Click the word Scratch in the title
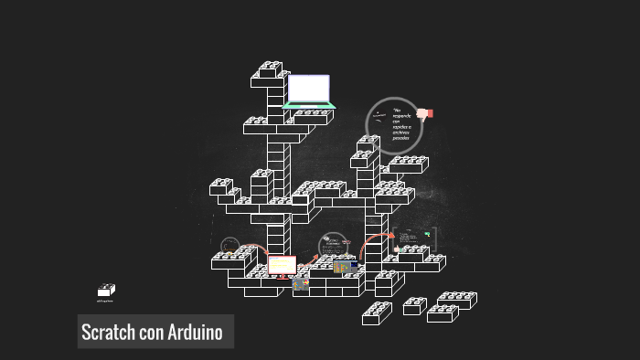click(109, 332)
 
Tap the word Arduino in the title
click(196, 332)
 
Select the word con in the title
click(152, 333)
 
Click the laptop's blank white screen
click(308, 89)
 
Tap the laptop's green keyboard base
click(309, 106)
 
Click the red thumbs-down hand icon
click(424, 114)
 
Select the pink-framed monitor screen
click(282, 264)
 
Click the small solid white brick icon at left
click(106, 290)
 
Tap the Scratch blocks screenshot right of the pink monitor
click(345, 267)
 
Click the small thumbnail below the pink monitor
click(300, 283)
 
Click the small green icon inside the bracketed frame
click(427, 235)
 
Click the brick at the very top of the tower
click(270, 69)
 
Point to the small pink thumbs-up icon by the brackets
click(396, 249)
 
